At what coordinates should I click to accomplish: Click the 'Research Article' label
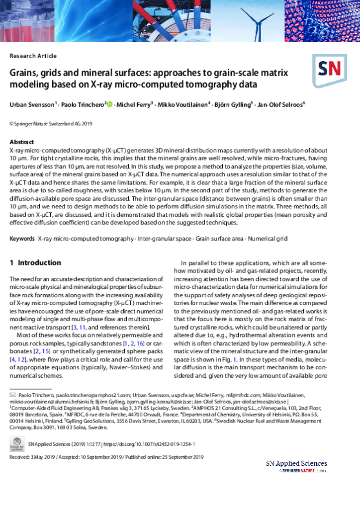pyautogui.click(x=33, y=56)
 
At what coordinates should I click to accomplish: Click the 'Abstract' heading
pyautogui.click(x=22, y=142)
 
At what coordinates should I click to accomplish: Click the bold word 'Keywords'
pyautogui.click(x=22, y=239)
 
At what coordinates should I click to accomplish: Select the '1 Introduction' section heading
pyautogui.click(x=35, y=262)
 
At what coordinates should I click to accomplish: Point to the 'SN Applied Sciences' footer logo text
pyautogui.click(x=296, y=463)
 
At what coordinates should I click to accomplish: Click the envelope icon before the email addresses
pyautogui.click(x=13, y=394)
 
